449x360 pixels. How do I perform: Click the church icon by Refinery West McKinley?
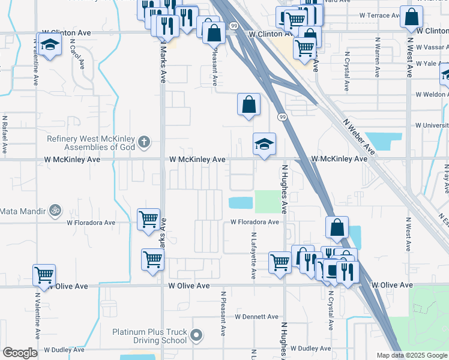coord(143,142)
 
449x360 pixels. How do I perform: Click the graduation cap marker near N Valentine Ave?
coord(49,44)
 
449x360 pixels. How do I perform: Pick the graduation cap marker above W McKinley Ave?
coord(264,144)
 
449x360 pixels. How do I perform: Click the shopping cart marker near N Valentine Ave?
coord(44,275)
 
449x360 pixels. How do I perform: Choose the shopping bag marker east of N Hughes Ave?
coord(337,227)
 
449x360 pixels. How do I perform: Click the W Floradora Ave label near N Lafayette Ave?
coord(256,222)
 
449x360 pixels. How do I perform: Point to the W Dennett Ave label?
coord(256,316)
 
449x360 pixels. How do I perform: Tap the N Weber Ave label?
coord(360,137)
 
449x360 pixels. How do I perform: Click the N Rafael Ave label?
coord(5,137)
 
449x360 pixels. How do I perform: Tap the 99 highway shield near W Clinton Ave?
coord(233,25)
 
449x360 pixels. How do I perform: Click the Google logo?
coord(20,353)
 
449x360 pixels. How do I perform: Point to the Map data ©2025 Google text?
coord(411,355)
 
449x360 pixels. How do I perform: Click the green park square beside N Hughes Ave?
coord(267,202)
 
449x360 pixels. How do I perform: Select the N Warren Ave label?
coord(378,58)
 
